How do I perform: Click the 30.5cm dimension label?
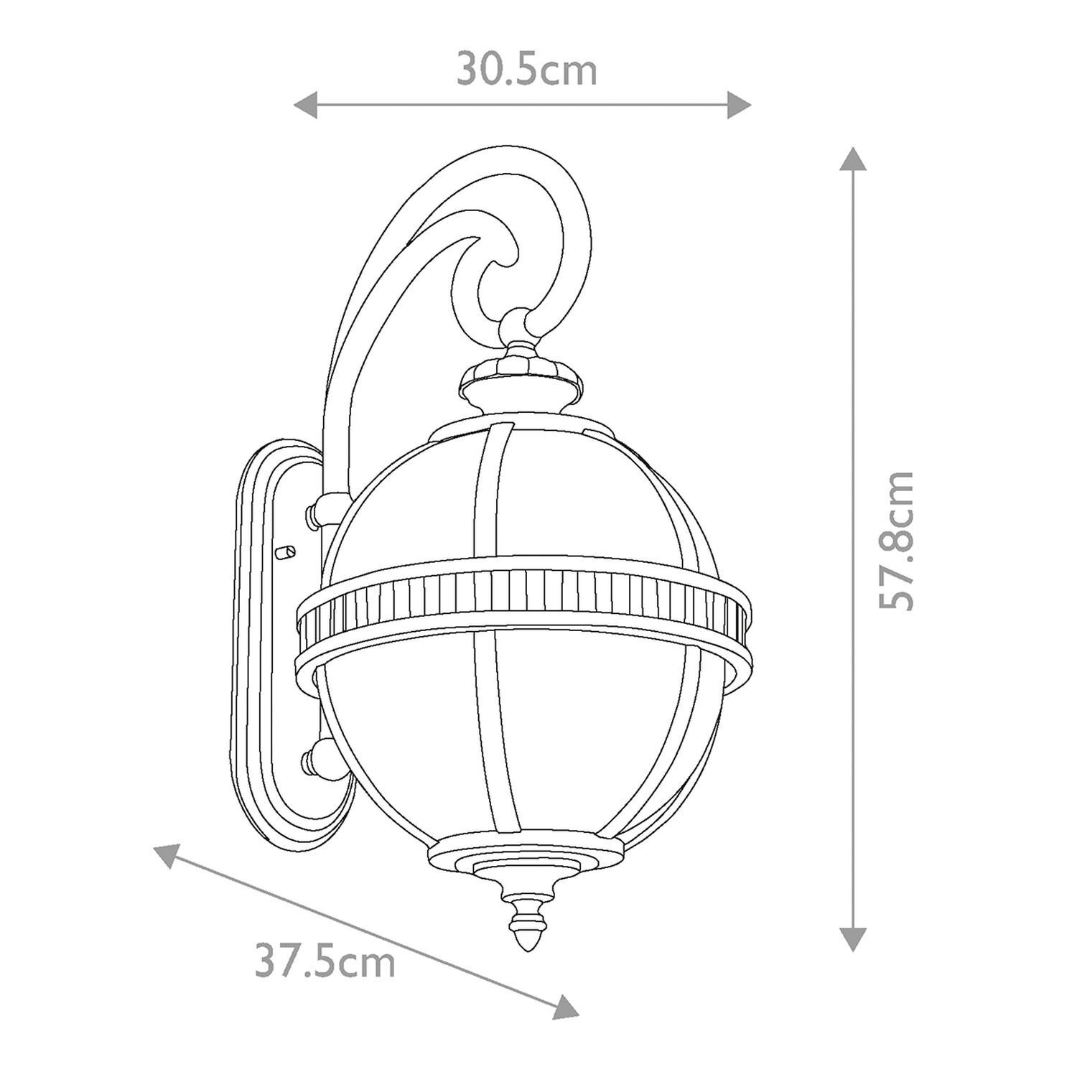[x=527, y=70]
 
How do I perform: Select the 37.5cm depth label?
[x=325, y=963]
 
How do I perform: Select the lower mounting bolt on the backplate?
[x=314, y=757]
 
